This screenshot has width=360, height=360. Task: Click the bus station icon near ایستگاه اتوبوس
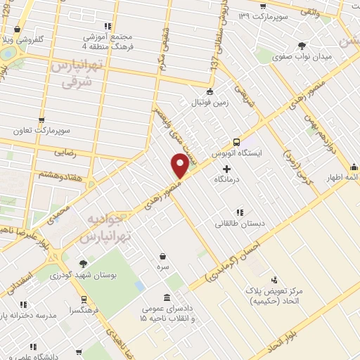[x=236, y=140]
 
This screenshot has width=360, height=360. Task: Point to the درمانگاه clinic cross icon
[x=226, y=169]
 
